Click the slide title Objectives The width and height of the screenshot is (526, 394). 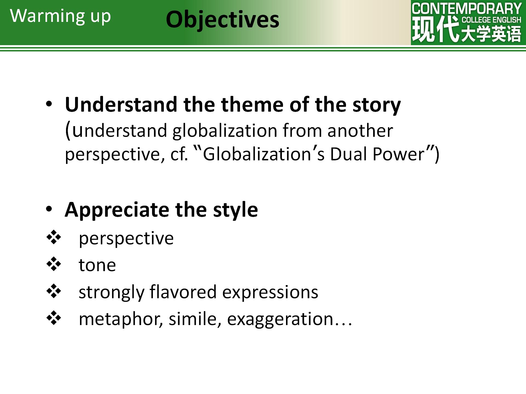[222, 20]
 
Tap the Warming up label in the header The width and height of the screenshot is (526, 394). [60, 16]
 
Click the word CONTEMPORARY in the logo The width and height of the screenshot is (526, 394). [467, 8]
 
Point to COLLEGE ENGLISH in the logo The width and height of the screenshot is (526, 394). [491, 20]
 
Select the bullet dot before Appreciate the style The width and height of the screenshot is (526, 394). [49, 209]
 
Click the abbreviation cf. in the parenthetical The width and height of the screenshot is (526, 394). [179, 154]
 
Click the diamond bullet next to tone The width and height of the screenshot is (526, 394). [54, 264]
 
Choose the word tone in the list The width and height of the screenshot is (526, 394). [97, 265]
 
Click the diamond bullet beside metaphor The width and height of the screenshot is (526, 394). [54, 318]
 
